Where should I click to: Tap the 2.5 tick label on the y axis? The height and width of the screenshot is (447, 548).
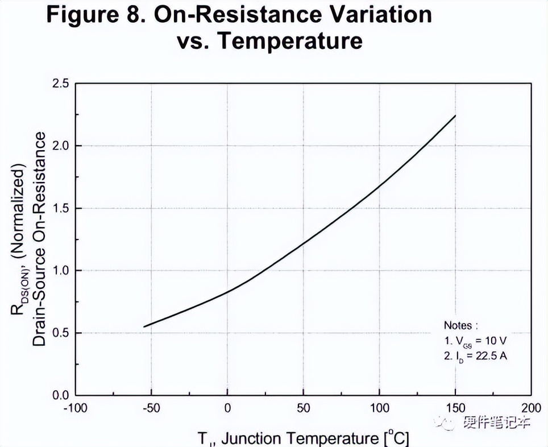[x=58, y=84]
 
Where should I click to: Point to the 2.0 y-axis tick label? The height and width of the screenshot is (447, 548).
[x=58, y=146]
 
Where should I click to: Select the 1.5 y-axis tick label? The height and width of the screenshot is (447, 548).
[x=58, y=209]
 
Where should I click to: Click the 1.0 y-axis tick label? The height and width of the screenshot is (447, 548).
[x=58, y=271]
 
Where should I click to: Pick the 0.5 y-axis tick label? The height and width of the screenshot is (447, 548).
[x=58, y=333]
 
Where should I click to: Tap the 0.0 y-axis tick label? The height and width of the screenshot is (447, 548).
[x=58, y=395]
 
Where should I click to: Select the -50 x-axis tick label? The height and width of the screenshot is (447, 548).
[x=151, y=408]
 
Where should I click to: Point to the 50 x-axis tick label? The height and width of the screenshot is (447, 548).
[x=304, y=408]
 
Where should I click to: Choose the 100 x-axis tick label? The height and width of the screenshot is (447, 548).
[x=379, y=408]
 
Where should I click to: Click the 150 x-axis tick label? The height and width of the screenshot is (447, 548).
[x=455, y=408]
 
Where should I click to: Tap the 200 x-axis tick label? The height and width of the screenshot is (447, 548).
[x=531, y=408]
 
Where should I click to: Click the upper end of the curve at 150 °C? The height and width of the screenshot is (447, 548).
[x=455, y=115]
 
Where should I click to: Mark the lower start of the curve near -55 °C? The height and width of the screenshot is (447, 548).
[x=144, y=326]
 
